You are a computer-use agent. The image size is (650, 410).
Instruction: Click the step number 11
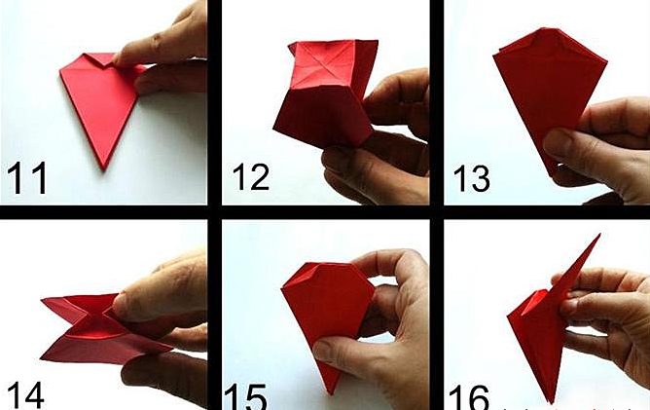click(x=27, y=178)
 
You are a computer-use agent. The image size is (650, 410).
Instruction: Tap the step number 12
click(x=251, y=177)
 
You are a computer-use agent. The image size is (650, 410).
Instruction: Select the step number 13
click(x=471, y=178)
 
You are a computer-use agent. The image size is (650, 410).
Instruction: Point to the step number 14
click(x=25, y=395)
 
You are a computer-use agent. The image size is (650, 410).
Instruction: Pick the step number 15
click(x=245, y=396)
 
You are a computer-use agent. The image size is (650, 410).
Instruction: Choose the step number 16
click(x=469, y=397)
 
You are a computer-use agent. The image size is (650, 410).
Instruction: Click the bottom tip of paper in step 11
click(x=104, y=168)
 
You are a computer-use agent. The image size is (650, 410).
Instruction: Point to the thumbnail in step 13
click(x=557, y=142)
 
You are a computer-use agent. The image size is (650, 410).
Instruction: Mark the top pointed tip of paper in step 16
click(x=599, y=236)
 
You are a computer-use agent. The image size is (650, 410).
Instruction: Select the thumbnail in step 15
click(x=327, y=349)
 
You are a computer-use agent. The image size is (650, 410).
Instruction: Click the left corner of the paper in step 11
click(x=61, y=70)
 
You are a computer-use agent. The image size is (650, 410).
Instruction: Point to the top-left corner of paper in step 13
click(x=494, y=54)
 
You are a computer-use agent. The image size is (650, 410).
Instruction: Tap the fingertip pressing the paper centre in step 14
click(x=120, y=302)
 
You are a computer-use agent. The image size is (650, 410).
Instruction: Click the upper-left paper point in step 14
click(x=43, y=299)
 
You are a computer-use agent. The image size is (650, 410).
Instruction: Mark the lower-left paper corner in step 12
click(x=275, y=127)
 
